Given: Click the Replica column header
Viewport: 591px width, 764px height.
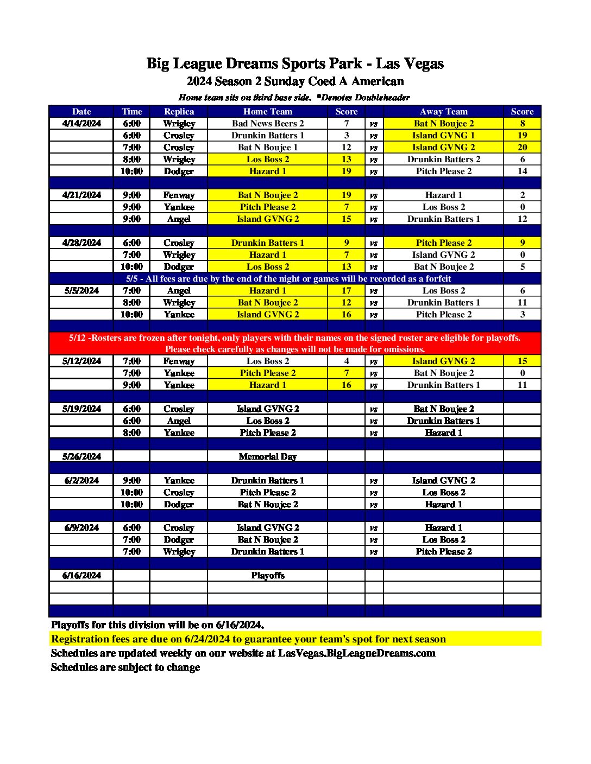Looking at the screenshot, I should (179, 111).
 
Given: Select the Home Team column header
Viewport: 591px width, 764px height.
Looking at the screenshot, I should (267, 111).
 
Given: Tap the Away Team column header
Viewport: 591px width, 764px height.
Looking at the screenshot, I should (443, 111).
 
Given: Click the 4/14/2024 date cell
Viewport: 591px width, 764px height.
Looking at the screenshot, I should (81, 123).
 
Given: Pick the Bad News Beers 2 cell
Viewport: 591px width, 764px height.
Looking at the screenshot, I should (267, 123).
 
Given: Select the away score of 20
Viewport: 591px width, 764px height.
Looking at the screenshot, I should (522, 147).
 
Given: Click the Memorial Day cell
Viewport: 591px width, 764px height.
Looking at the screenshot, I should (267, 456).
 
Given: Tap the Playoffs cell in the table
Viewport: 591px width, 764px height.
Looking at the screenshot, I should (267, 575).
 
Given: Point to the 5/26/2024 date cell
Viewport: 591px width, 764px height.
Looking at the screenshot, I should (81, 456).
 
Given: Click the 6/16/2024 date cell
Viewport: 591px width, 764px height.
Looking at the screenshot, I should (81, 575).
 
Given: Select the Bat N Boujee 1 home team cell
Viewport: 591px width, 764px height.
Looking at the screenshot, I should (267, 147).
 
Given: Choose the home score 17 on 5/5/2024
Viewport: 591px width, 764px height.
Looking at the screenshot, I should (346, 290).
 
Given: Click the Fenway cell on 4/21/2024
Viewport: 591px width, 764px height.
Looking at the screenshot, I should (179, 195).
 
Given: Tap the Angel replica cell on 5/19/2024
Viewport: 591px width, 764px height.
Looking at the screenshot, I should (179, 421).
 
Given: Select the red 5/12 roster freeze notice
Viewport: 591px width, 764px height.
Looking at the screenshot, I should (295, 343).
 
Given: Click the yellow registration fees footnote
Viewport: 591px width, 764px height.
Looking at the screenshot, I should (248, 639).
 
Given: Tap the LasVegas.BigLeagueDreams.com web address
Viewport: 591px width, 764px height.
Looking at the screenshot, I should (356, 653).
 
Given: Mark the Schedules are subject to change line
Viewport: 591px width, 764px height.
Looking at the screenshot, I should (125, 667).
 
